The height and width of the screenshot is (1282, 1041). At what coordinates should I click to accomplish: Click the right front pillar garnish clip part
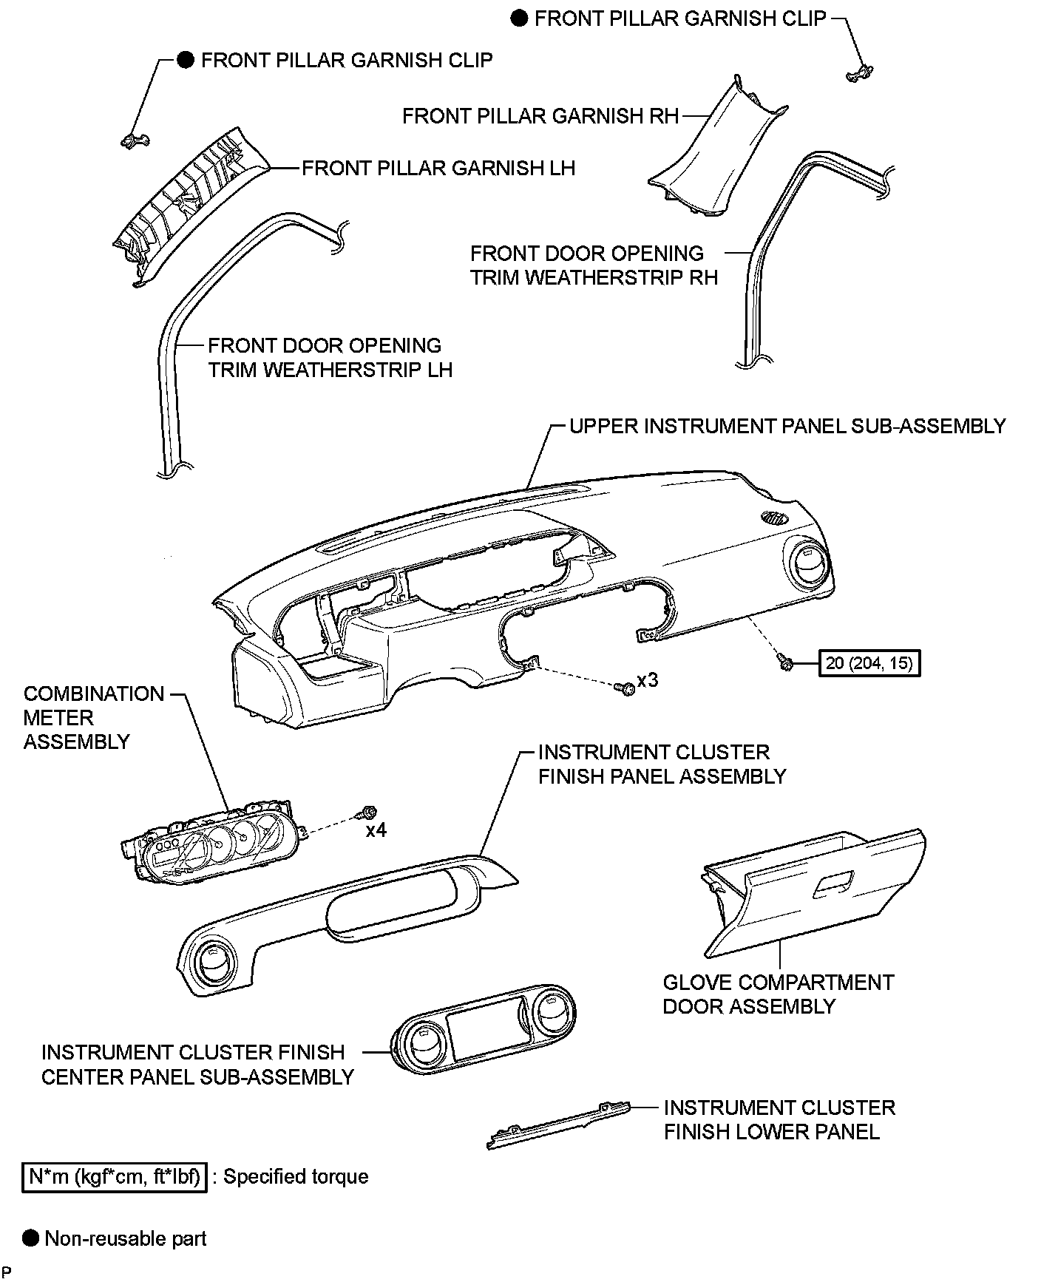[x=859, y=73]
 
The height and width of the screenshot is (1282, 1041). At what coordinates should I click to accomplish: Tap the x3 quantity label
[x=647, y=679]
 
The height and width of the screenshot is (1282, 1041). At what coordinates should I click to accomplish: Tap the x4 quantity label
[x=376, y=830]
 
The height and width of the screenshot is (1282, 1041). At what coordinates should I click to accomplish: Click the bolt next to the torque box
[x=785, y=663]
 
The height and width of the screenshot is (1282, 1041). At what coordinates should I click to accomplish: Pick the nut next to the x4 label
[x=365, y=813]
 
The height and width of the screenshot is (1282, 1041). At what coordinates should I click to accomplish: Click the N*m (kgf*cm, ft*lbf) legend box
[x=115, y=1176]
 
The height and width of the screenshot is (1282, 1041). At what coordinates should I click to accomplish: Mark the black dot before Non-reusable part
[x=30, y=1238]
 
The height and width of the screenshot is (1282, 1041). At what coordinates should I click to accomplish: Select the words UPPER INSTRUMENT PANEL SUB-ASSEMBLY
[x=787, y=427]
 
